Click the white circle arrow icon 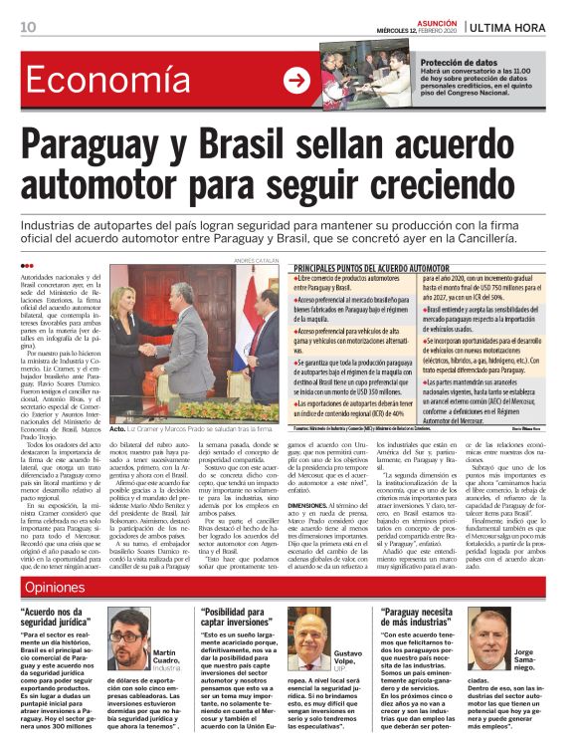(296, 82)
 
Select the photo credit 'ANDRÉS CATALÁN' (256, 261)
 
